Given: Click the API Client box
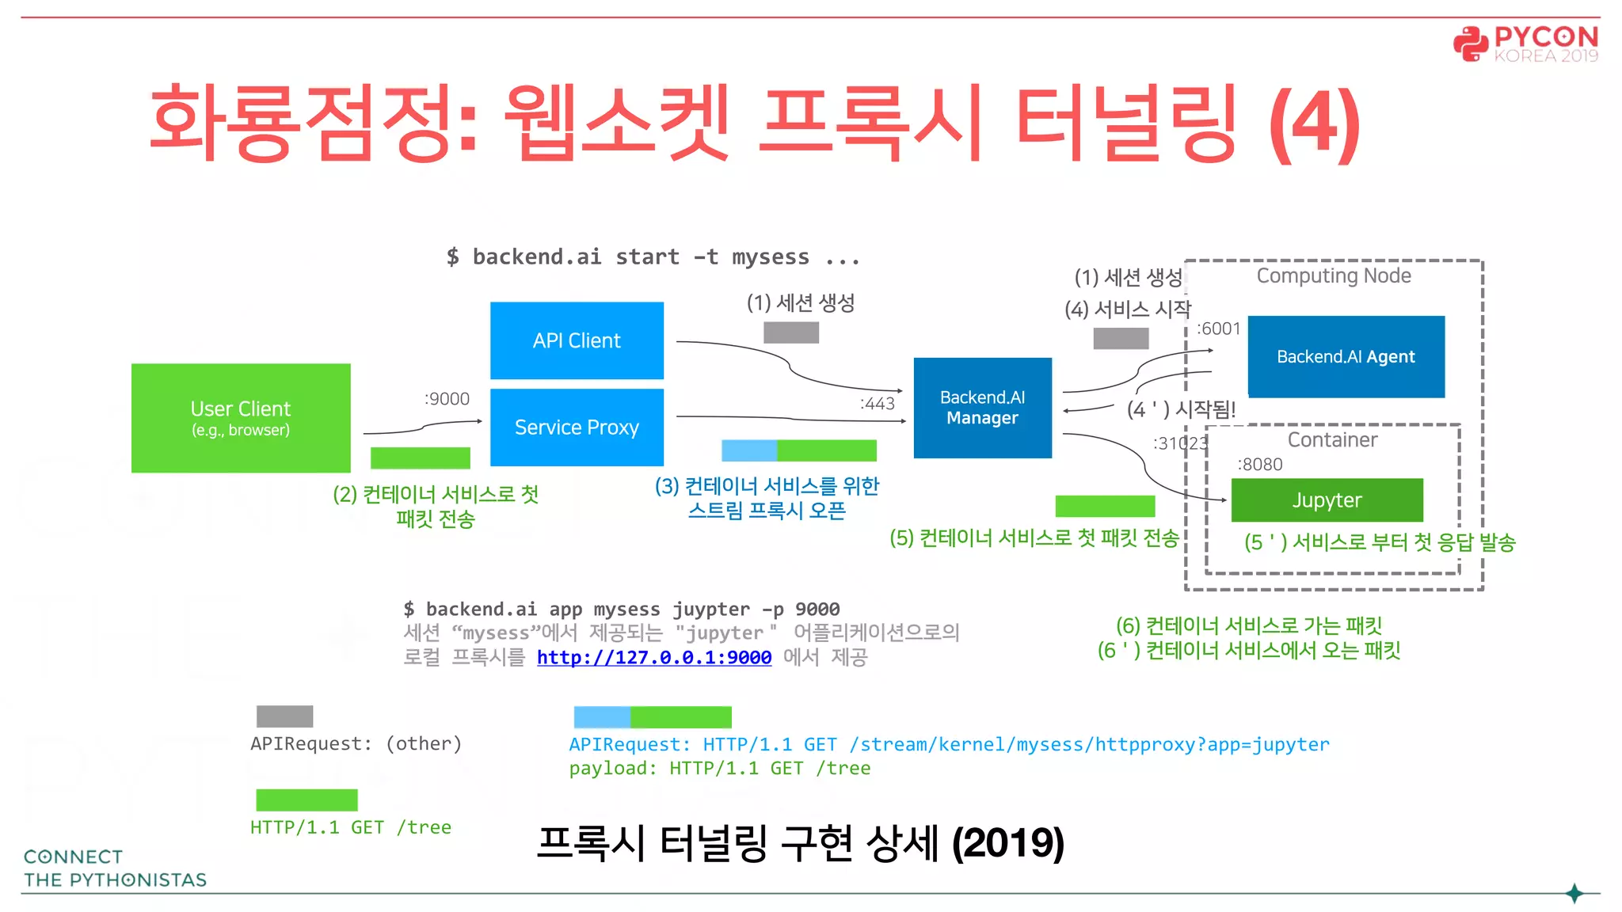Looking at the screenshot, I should click(577, 340).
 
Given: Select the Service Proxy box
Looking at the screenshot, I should click(577, 427).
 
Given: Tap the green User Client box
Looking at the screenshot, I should click(241, 418).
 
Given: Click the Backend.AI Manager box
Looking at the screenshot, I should click(982, 408).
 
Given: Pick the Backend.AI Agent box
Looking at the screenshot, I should click(1346, 356).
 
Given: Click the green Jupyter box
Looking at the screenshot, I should click(1327, 500).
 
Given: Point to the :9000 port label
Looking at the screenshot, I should click(447, 399).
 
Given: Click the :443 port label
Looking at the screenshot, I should click(877, 404).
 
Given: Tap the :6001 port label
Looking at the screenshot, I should click(1218, 329).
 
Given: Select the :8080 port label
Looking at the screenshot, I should click(1259, 465).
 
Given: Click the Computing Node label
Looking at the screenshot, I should click(1334, 275).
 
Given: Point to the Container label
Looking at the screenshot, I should click(1332, 440).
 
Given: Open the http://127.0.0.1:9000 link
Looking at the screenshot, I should click(654, 657).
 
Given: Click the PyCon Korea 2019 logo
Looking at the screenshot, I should click(1525, 44).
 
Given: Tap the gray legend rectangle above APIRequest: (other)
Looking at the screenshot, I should click(284, 716).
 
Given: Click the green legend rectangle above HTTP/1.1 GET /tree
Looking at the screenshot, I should click(307, 800).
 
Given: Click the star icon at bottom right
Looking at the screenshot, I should click(1574, 893).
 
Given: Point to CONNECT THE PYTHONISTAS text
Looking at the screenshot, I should click(115, 868).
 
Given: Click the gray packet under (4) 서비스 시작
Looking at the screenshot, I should click(1121, 339).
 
